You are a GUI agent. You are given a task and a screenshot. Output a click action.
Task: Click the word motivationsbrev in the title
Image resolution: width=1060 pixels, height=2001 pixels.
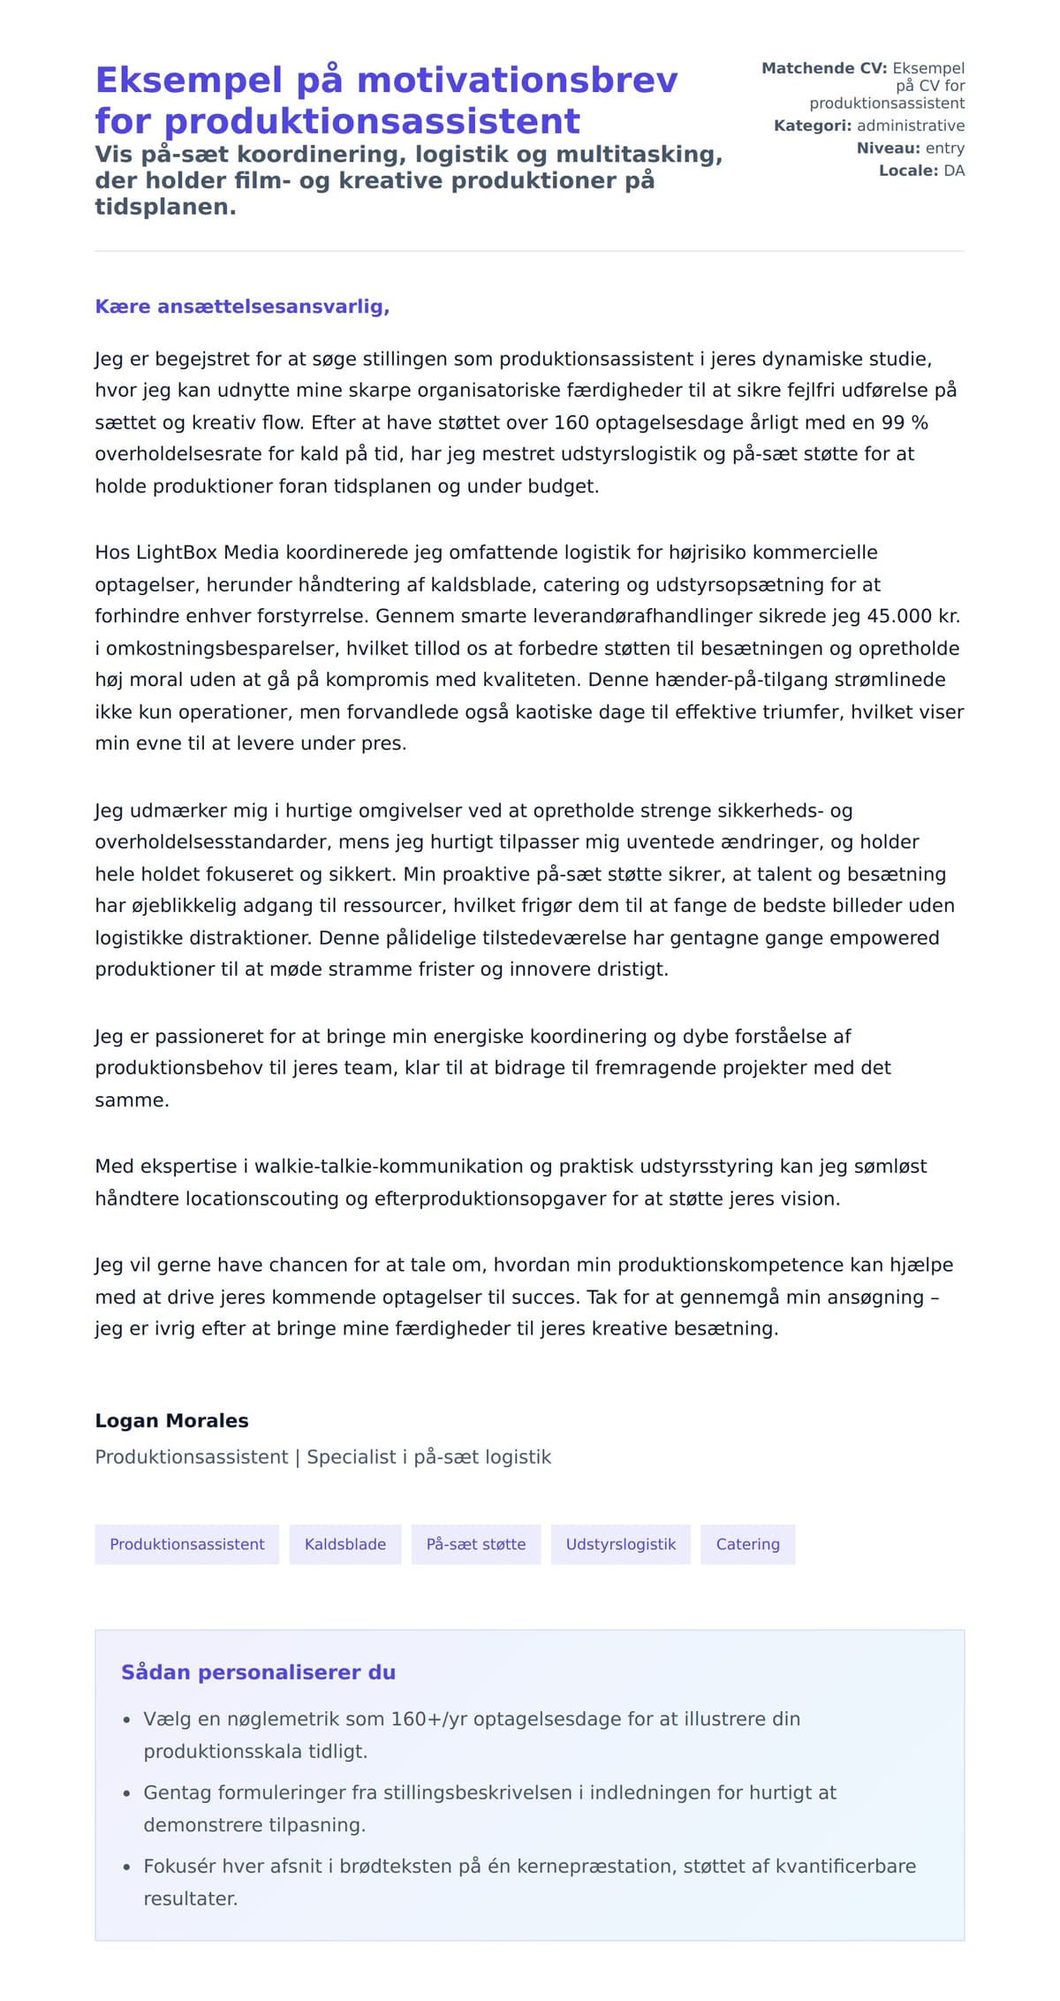517,80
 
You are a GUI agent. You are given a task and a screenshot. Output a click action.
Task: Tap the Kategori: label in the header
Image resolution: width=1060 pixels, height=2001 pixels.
814,126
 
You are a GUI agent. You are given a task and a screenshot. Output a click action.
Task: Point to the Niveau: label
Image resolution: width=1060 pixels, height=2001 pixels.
889,148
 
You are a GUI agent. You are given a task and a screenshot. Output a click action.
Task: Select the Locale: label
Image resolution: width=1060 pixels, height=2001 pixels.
908,171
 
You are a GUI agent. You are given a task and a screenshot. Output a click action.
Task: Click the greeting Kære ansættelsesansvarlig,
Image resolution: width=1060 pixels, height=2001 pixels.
242,307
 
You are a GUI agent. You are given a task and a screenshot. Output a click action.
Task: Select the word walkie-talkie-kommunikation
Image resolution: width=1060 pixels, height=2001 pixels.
390,1166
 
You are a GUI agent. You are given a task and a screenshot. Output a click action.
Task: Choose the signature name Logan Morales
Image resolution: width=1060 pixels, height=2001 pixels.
171,1420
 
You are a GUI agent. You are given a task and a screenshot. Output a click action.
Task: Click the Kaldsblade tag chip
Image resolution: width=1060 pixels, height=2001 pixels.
344,1544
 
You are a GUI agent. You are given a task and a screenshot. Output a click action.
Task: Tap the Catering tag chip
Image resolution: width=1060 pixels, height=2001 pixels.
747,1544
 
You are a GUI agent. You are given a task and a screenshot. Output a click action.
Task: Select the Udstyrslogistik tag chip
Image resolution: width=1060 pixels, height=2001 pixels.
620,1544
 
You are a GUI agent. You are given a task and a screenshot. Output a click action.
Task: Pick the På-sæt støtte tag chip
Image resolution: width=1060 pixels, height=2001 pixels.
475,1544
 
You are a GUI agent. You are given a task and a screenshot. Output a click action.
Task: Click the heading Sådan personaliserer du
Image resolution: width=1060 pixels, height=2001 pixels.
258,1672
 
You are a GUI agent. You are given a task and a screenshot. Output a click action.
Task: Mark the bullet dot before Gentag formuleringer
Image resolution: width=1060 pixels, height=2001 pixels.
126,1794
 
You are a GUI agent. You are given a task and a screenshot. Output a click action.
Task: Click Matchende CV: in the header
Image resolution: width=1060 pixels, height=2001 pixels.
823,68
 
